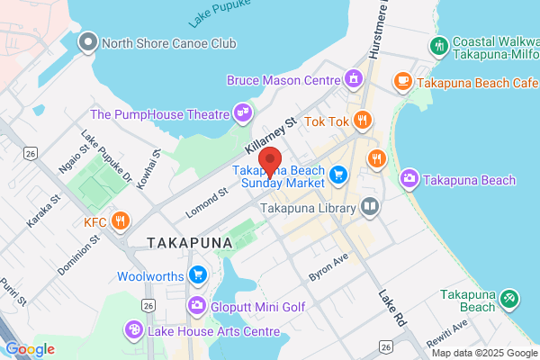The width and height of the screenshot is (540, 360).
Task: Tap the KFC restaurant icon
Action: coord(120,221)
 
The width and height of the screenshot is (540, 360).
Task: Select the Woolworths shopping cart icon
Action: coord(198,275)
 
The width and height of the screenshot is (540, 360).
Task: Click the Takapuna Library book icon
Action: coord(369,208)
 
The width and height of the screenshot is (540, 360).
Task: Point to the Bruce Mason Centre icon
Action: coord(356,79)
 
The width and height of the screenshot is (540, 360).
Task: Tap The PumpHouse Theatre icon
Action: coord(241,113)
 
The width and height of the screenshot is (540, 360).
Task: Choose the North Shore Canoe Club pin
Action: coord(87,42)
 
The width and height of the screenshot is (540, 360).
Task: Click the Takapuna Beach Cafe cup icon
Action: coord(401,82)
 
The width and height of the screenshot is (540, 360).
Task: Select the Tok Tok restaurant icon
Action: coord(362,120)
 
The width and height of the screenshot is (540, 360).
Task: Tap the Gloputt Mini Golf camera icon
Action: coord(197,307)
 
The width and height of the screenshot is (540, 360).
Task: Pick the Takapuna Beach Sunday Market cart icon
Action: coord(338,174)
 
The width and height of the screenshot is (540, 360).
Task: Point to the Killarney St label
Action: coord(271,135)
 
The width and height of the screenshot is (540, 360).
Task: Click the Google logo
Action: coord(30,349)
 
